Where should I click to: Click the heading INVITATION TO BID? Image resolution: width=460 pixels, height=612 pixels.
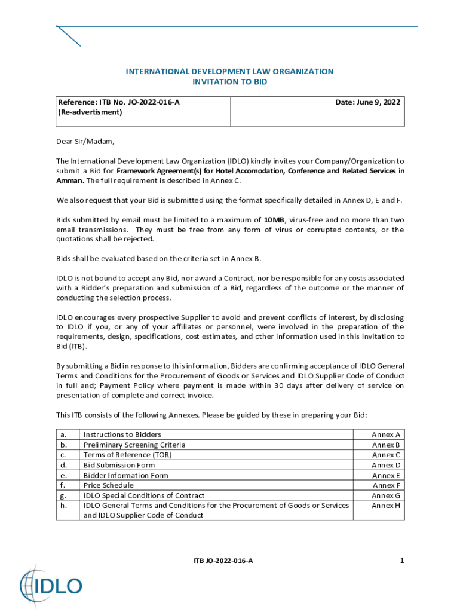229,82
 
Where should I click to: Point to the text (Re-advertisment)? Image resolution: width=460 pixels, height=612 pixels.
90,112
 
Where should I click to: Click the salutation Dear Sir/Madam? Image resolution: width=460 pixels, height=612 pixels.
84,142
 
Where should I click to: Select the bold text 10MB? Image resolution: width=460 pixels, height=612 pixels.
274,220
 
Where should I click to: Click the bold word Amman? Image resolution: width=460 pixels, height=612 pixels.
69,180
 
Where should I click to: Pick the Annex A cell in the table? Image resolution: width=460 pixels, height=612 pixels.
386,434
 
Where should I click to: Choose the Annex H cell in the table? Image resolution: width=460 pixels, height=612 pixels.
386,506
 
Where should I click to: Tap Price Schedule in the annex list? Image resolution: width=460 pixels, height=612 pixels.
108,485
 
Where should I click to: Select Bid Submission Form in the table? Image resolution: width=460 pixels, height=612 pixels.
119,465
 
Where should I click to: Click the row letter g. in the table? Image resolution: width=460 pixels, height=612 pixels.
63,495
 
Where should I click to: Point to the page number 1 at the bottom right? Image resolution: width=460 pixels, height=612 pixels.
402,561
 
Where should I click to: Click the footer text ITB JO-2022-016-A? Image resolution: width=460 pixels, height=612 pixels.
223,561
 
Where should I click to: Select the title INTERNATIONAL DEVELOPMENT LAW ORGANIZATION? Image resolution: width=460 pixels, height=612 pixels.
229,72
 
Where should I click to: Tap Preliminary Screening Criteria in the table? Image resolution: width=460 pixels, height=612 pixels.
134,445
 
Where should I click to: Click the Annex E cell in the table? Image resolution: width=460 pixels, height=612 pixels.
386,475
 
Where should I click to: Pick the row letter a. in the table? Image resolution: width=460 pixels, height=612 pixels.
63,434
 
